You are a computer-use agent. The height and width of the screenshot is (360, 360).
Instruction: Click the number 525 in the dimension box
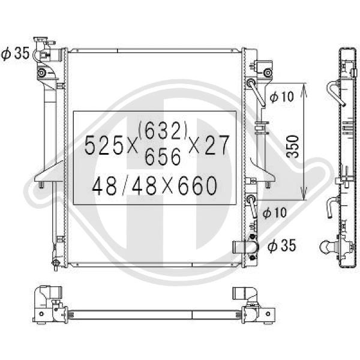tap(104, 145)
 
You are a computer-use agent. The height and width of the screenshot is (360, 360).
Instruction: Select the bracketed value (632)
tap(163, 130)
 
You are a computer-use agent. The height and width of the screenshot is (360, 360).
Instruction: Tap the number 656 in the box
tap(163, 156)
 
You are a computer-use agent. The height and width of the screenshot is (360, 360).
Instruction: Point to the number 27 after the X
tap(217, 145)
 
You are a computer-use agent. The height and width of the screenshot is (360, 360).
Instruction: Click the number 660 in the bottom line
tap(197, 186)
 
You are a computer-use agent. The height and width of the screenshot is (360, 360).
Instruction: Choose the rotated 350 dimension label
tap(293, 146)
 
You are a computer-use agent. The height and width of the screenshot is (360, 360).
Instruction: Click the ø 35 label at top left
tap(15, 53)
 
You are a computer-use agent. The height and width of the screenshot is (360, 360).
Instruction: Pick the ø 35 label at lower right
tap(282, 245)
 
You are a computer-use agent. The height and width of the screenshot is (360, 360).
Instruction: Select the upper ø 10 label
tap(281, 97)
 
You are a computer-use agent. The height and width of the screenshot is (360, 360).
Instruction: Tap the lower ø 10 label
tap(274, 212)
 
